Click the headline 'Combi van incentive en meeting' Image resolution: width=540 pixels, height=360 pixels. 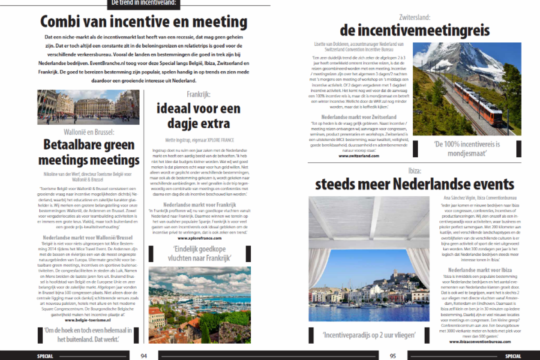point(144,21)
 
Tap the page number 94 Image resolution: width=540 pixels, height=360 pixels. point(144,356)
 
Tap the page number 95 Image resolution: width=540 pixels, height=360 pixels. point(393,356)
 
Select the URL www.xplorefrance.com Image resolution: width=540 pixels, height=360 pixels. point(199,238)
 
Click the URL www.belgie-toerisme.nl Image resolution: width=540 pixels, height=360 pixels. point(88,320)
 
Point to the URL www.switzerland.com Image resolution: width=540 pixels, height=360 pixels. point(359,156)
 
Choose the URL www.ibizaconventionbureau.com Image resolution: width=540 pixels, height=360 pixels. point(480,342)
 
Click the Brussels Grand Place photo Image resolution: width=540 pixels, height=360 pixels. point(88,107)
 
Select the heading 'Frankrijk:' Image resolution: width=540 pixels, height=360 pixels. point(199,94)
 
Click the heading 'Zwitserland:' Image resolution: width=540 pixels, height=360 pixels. point(414,18)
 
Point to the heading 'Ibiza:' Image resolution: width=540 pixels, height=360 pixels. point(414,171)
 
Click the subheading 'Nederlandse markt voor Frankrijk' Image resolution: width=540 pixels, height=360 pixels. point(200,205)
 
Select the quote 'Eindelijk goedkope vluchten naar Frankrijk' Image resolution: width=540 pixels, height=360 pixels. point(199,253)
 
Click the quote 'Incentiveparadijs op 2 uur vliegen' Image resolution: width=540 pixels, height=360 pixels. point(369,335)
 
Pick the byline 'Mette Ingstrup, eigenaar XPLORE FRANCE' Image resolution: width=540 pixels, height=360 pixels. point(200,140)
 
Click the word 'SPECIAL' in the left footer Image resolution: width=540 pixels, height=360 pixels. point(45,356)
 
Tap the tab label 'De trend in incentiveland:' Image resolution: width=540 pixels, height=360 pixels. point(144,3)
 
